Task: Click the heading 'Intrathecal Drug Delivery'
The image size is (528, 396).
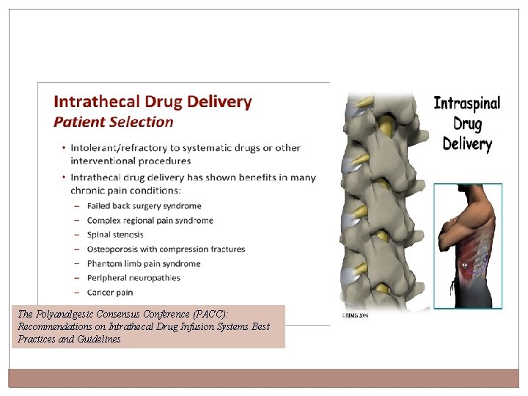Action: [x=153, y=102]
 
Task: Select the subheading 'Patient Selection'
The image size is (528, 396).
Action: [x=114, y=122]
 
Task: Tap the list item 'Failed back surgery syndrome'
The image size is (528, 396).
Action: [x=144, y=206]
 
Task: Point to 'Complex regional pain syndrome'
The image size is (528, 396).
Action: [x=150, y=220]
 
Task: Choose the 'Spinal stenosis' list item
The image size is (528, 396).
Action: [x=115, y=235]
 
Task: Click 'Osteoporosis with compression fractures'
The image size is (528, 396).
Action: [x=166, y=249]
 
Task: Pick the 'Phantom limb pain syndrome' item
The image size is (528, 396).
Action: [x=143, y=263]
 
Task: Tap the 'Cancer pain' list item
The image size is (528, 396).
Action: [x=111, y=292]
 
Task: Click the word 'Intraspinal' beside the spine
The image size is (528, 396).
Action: [x=467, y=103]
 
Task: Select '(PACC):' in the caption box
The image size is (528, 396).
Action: [x=213, y=314]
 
